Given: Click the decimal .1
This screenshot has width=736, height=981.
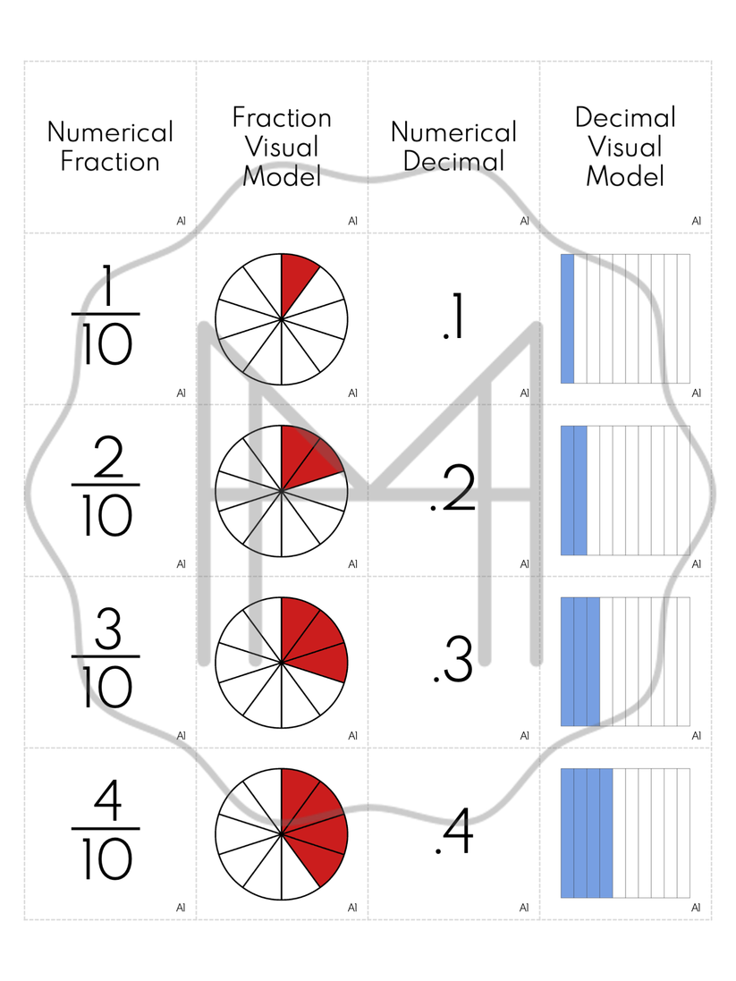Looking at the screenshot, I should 453,319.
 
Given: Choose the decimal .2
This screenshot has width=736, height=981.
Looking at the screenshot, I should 453,491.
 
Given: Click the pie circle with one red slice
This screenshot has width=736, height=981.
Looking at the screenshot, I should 282,318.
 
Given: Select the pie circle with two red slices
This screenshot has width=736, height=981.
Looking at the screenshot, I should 282,490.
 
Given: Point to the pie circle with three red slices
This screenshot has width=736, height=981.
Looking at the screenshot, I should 282,662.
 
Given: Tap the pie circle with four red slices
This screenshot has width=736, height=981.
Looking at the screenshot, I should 282,833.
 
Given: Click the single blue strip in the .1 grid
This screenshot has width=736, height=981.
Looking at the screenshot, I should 567,318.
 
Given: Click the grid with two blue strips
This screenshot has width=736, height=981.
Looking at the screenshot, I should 625,490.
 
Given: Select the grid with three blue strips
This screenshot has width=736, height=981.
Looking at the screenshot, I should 625,662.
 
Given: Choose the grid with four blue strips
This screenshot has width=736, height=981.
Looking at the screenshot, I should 625,833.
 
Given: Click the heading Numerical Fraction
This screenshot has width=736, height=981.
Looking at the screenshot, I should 110,147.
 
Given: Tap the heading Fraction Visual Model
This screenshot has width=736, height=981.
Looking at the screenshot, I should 282,147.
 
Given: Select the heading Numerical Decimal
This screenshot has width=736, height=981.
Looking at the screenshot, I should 453,147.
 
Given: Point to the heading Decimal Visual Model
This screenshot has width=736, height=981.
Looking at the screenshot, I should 625,147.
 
